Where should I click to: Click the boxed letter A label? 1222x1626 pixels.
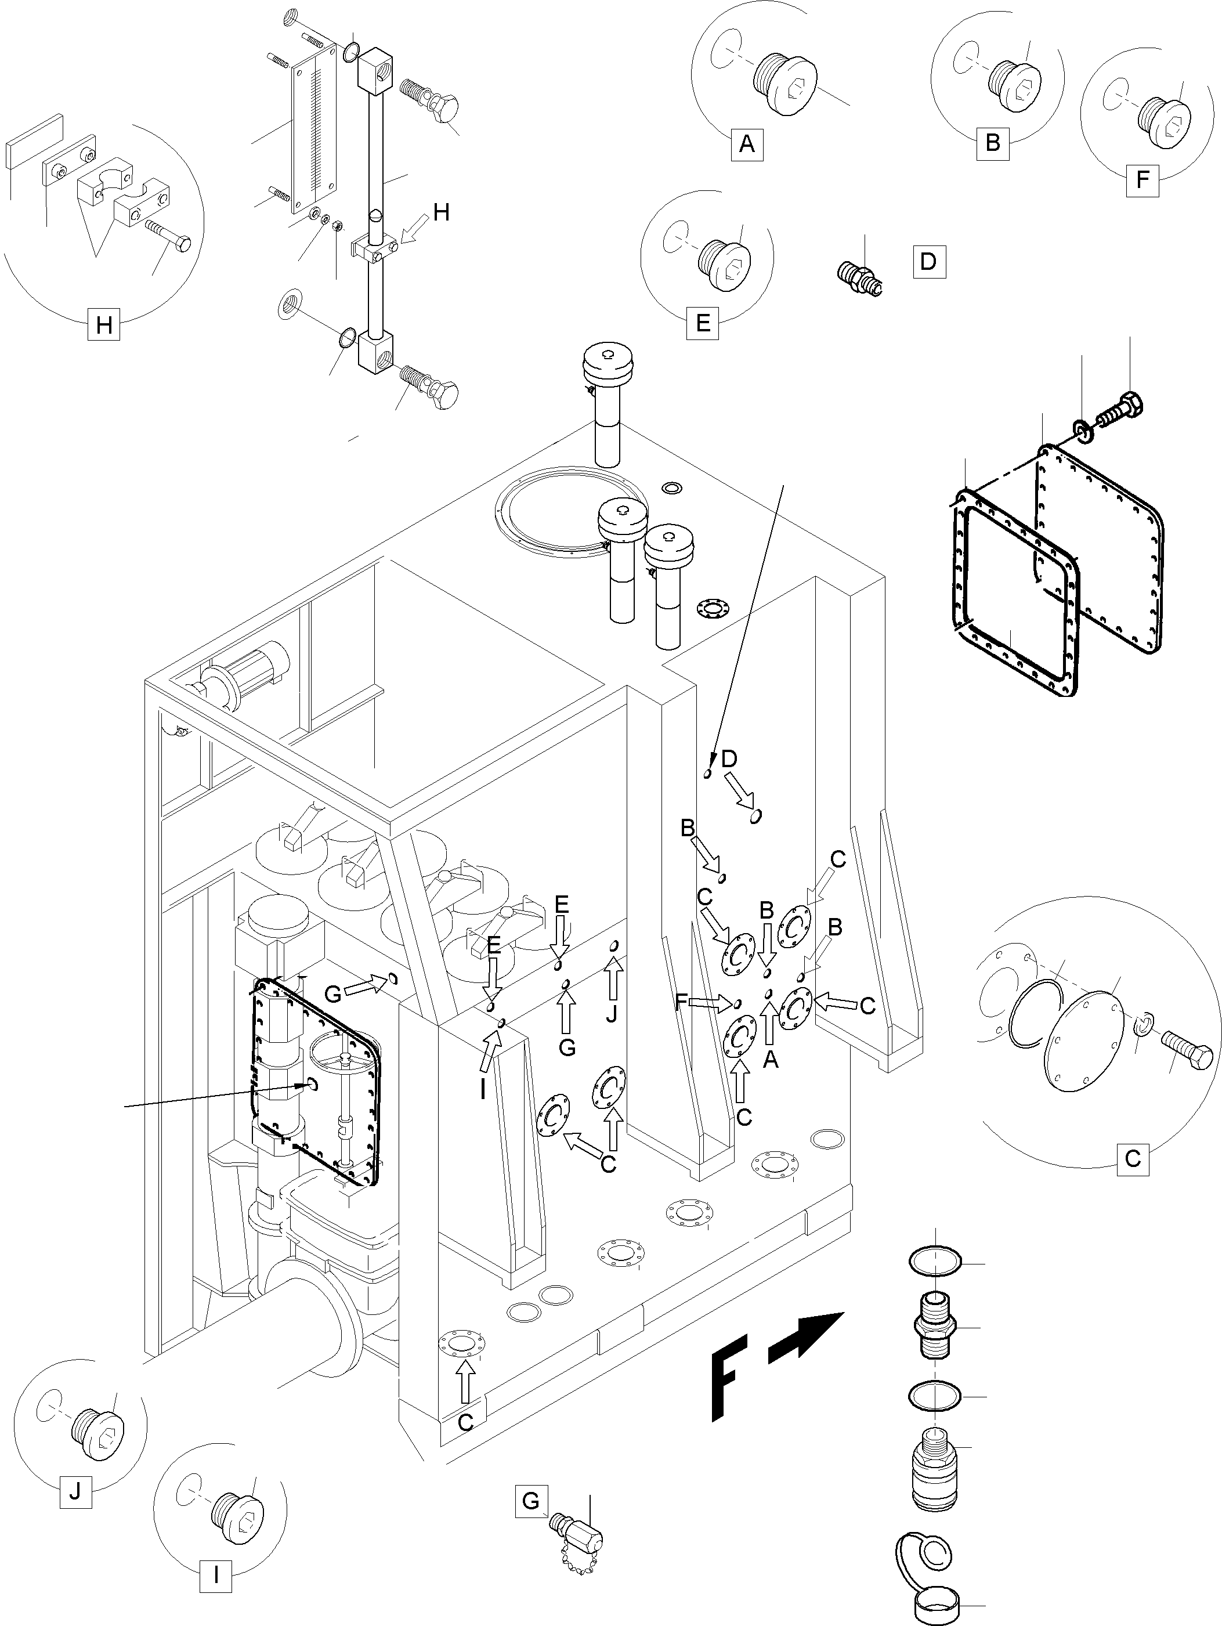[747, 144]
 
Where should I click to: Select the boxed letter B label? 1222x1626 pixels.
[992, 143]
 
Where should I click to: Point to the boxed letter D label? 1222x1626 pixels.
[929, 262]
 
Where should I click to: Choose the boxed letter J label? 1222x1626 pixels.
[75, 1491]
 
